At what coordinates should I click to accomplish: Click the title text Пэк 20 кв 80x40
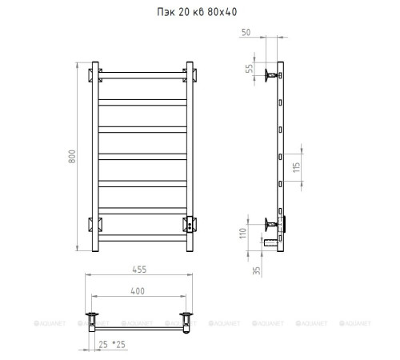pos(197,12)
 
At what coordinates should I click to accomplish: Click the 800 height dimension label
pos(72,157)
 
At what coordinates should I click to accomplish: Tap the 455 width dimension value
pos(139,270)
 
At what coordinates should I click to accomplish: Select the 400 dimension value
pos(138,291)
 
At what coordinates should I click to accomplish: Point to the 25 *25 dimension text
pos(112,345)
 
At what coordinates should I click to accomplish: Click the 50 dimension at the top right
pos(246,32)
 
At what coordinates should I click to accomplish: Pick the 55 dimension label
pos(250,69)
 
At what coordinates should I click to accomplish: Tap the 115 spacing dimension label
pos(297,167)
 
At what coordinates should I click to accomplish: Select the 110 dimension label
pos(243,234)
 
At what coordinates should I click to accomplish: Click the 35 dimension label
pos(256,270)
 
